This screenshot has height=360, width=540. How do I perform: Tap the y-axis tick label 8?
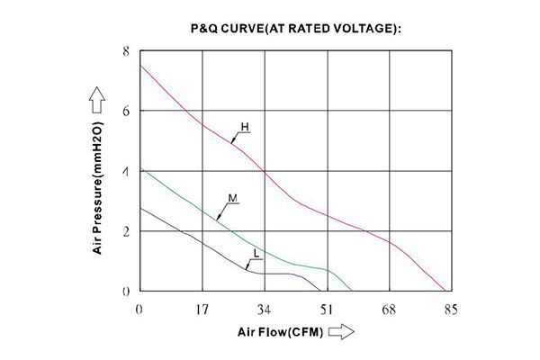(x=126, y=51)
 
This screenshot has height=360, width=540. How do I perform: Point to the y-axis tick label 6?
(x=126, y=111)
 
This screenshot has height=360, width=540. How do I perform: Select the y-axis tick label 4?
(x=126, y=171)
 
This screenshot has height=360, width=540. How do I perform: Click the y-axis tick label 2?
(x=126, y=231)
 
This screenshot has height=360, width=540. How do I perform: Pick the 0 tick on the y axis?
(x=126, y=291)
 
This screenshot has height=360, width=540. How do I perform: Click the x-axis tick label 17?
(x=202, y=310)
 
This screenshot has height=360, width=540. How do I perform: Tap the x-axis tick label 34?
(x=264, y=310)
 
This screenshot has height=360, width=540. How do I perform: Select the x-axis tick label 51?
(x=326, y=310)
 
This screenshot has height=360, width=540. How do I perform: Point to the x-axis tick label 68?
(x=389, y=310)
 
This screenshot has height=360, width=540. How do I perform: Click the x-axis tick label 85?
(x=450, y=310)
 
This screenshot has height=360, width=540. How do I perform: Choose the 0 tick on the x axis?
(x=139, y=310)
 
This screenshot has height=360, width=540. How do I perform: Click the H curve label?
(x=243, y=127)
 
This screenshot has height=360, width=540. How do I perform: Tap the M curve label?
(x=232, y=196)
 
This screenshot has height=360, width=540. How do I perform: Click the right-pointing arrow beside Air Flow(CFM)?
(x=341, y=333)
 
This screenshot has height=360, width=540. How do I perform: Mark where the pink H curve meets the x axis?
(x=447, y=291)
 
